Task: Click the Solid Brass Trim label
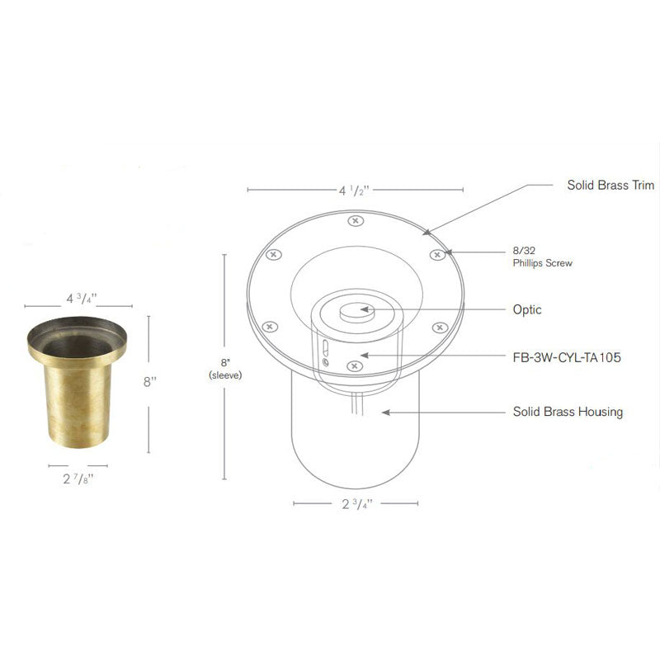610,186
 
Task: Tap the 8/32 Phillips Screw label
541,257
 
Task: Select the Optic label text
526,309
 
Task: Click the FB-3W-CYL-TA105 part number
566,358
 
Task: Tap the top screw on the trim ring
355,221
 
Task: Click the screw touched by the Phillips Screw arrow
436,255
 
